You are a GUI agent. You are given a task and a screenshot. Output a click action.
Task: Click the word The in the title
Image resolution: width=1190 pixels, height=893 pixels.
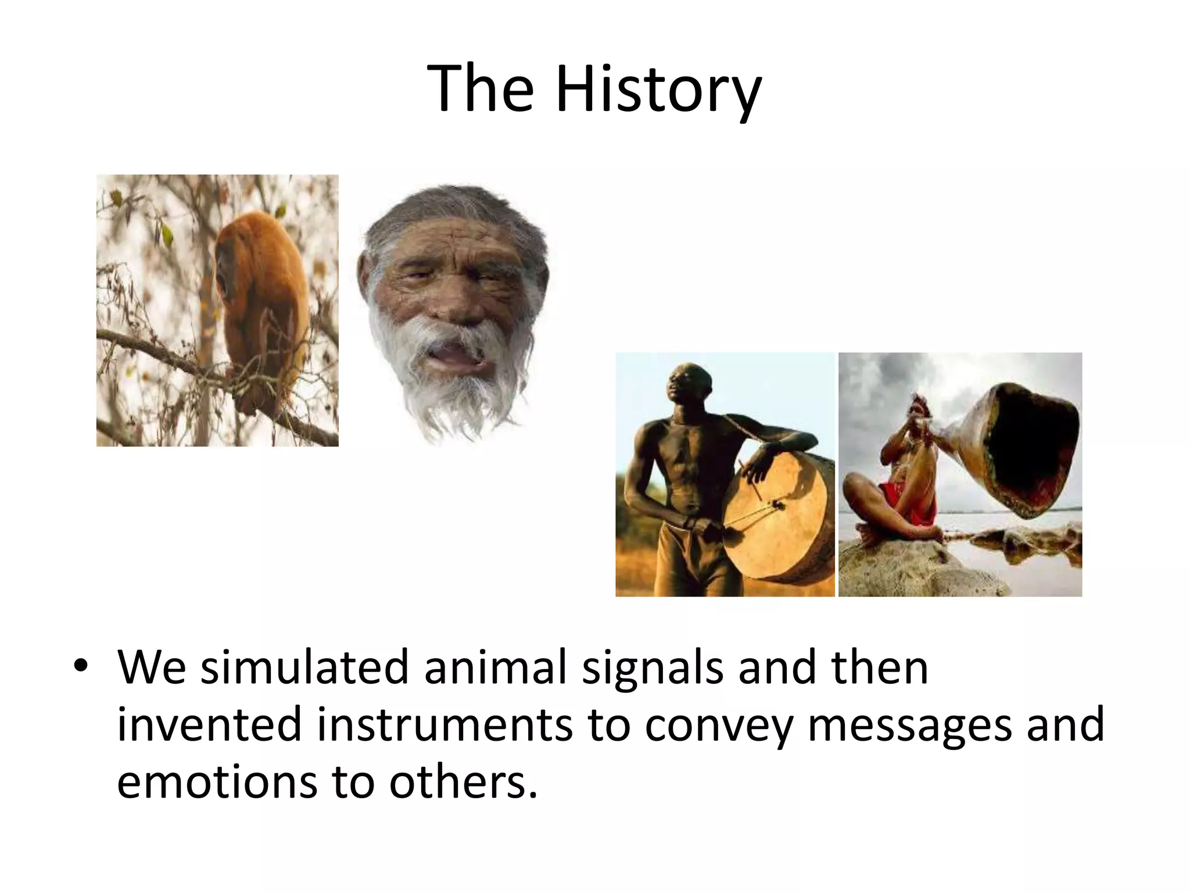coord(480,88)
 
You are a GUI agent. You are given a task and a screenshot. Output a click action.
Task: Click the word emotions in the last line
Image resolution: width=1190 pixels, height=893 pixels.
coord(217,782)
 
